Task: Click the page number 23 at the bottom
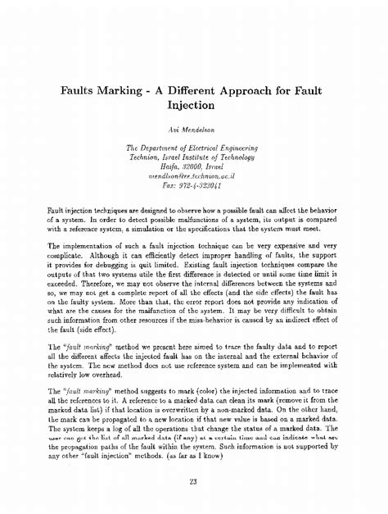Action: click(193, 481)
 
